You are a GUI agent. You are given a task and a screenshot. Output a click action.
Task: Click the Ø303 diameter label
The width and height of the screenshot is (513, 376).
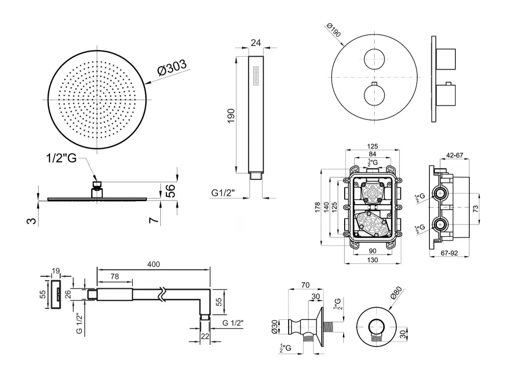tap(171, 68)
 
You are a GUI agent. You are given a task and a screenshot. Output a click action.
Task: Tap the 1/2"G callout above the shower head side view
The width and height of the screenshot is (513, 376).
tap(61, 158)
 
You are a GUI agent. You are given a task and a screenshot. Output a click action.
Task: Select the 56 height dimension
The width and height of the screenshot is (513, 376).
tap(171, 191)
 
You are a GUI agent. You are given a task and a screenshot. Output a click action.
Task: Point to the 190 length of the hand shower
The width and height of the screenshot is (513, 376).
tap(231, 116)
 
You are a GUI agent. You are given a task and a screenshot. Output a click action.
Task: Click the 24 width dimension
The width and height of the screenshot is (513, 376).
tap(256, 43)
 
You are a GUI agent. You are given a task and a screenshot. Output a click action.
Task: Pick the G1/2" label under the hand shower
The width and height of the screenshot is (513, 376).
tap(223, 193)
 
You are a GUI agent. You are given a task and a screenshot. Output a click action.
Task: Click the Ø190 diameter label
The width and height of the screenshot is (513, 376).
tap(334, 30)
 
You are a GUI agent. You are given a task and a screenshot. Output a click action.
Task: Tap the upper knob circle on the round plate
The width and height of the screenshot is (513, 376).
tap(375, 59)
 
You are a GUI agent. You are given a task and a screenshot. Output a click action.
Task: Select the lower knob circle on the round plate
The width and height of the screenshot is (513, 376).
tap(375, 95)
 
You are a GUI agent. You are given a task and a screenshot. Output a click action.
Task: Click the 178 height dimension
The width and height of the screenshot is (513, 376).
tap(317, 208)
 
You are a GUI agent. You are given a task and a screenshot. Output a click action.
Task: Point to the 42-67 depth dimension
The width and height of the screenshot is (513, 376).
tap(454, 155)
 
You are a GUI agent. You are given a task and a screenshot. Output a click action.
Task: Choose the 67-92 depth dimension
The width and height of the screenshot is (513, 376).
tap(449, 253)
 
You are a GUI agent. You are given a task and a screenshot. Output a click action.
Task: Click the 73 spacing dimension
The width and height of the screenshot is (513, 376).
tap(475, 209)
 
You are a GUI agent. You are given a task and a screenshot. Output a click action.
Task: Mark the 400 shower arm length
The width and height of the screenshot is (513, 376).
tap(153, 264)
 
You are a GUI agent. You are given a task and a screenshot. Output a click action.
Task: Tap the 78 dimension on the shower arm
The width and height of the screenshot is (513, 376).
tap(115, 276)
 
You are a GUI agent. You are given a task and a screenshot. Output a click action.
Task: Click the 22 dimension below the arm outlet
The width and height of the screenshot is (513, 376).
tap(205, 336)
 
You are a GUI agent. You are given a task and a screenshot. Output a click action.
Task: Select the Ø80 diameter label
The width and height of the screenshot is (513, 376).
tap(396, 292)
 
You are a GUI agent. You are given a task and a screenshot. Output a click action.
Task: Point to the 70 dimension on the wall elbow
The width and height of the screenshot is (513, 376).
tap(305, 285)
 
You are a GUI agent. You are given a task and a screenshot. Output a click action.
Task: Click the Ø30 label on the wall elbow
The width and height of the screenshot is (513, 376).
tap(275, 326)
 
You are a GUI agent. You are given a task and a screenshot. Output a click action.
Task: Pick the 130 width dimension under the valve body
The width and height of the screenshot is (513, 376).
tap(373, 260)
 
